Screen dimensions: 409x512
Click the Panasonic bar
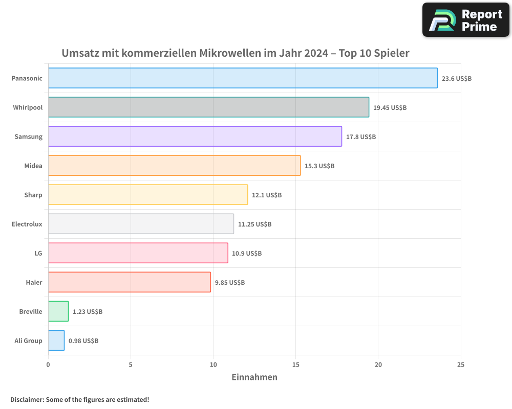pyautogui.click(x=243, y=78)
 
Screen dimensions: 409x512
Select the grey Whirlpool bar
pyautogui.click(x=208, y=107)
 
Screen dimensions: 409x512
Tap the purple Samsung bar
pyautogui.click(x=195, y=137)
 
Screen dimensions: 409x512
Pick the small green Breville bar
pyautogui.click(x=58, y=311)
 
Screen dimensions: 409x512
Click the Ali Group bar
pyautogui.click(x=56, y=340)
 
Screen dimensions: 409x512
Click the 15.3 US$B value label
pyautogui.click(x=319, y=166)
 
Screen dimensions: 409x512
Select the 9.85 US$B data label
pyautogui.click(x=230, y=283)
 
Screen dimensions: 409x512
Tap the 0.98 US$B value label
pyautogui.click(x=83, y=341)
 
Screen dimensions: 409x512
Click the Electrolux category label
pyautogui.click(x=27, y=224)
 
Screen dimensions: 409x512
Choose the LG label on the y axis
pyautogui.click(x=38, y=253)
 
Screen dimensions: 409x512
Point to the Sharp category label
pyautogui.click(x=33, y=195)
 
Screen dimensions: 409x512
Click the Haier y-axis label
pyautogui.click(x=34, y=282)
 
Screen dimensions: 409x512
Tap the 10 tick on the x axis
pyautogui.click(x=213, y=365)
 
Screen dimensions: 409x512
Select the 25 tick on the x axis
pyautogui.click(x=461, y=365)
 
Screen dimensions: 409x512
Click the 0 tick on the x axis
pyautogui.click(x=48, y=365)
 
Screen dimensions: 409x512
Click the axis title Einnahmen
pyautogui.click(x=254, y=377)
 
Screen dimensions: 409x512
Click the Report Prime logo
pyautogui.click(x=465, y=20)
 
